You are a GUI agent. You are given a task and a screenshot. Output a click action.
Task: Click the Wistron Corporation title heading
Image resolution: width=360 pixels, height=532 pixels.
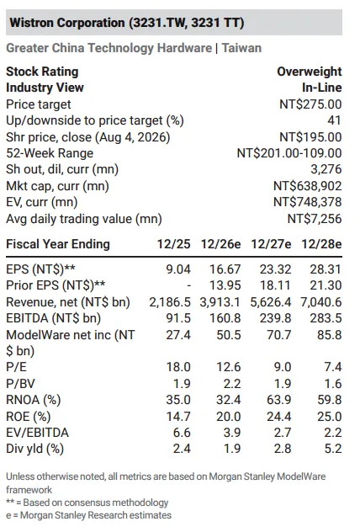127,23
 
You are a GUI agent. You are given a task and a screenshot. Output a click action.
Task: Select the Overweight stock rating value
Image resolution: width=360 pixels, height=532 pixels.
310,72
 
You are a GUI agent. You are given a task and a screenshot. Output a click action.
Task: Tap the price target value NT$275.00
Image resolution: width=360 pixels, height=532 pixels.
310,104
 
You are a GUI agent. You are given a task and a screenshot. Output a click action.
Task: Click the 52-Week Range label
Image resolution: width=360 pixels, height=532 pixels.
50,153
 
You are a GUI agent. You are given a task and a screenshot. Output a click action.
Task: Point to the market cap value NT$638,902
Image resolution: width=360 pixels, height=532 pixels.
308,186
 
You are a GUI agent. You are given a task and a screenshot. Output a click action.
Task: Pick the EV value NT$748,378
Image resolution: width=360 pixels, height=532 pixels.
308,202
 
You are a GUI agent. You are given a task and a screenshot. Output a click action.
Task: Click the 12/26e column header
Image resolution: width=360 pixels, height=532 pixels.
220,244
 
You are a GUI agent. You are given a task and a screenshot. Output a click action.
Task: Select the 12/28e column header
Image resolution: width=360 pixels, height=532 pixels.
321,244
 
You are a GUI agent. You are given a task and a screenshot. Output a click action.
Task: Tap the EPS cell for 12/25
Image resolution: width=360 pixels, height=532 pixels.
178,269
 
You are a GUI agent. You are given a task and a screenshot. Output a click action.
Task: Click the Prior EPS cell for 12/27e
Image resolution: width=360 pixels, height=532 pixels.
275,285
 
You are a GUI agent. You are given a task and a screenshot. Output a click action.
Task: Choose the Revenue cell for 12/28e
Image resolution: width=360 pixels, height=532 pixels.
321,302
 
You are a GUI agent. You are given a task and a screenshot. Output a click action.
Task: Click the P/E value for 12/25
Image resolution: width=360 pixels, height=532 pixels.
178,367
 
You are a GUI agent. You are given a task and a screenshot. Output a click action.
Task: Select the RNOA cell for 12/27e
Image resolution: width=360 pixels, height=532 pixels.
278,400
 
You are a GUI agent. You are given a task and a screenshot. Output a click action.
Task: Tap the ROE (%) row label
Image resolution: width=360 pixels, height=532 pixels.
28,417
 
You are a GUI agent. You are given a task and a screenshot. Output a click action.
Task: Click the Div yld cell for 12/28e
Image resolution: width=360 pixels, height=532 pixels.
333,449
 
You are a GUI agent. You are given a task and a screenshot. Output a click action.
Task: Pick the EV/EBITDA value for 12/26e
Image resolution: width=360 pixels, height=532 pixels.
232,433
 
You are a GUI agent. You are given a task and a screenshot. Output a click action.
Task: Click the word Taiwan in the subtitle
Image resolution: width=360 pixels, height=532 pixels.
241,48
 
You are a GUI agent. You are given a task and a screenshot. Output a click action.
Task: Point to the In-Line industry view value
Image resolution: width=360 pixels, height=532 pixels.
321,88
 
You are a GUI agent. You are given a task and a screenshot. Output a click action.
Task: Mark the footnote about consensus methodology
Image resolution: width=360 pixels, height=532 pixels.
87,503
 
